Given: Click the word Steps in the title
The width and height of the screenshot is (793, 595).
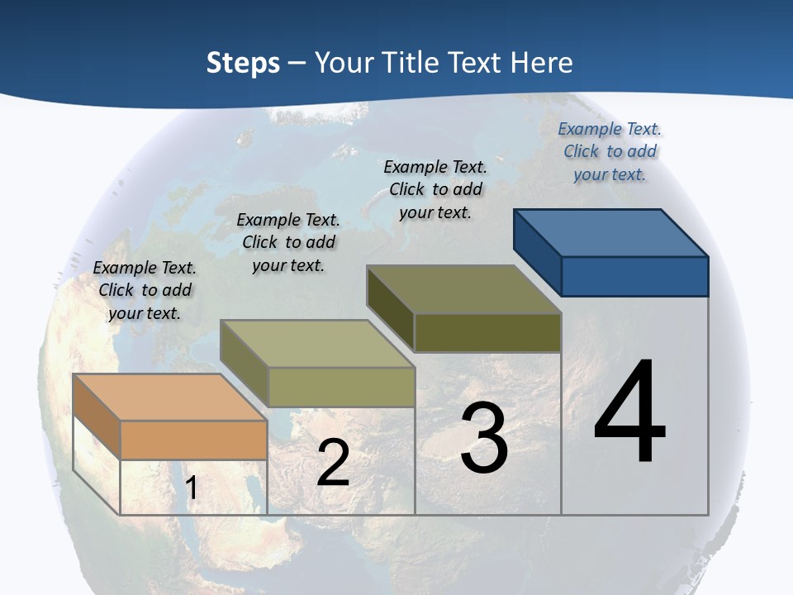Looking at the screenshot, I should (243, 63).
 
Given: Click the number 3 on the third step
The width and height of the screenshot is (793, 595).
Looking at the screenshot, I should (484, 437).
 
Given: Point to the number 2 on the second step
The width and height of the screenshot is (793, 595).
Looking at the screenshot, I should (333, 463).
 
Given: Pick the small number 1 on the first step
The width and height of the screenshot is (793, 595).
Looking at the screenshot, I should (192, 488).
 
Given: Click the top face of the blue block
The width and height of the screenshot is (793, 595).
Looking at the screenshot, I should (610, 232).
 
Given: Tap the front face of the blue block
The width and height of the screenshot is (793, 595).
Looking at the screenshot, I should (634, 276).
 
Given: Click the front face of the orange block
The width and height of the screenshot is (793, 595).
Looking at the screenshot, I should (193, 440).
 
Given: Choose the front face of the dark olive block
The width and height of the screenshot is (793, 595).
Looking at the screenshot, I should (487, 332).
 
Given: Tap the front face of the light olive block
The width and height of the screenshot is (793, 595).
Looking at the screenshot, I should (341, 387).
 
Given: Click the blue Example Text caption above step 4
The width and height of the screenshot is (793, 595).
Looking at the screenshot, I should (610, 151).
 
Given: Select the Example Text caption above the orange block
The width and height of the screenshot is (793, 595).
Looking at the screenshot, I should (145, 290).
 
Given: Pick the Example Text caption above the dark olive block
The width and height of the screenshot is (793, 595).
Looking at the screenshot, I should (435, 189).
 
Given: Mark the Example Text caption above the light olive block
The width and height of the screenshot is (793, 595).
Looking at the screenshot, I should (288, 242).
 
